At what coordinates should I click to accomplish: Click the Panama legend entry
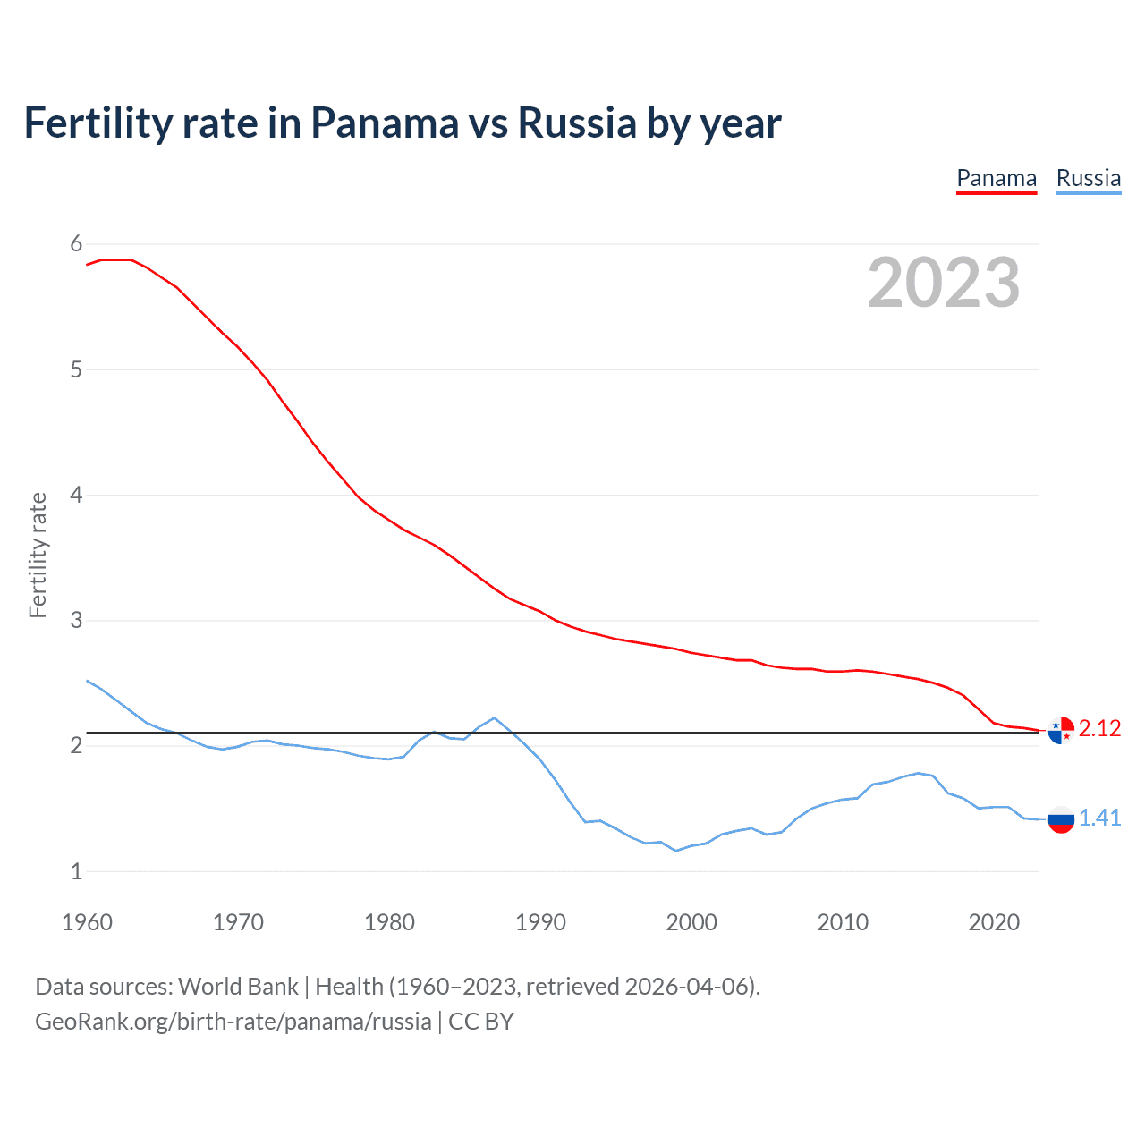997,179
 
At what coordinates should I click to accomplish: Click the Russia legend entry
1088,179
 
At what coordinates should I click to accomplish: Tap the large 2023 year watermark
944,283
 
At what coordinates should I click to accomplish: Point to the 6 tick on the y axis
76,244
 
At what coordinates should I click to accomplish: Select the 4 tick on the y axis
76,495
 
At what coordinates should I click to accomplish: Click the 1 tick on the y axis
76,871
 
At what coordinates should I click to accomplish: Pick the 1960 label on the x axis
87,922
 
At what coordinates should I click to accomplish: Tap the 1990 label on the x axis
540,922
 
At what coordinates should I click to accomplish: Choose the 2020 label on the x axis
994,922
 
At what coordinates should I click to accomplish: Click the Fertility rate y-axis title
38,555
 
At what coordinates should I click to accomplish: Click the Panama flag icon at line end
1061,730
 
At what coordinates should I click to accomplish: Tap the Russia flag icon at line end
1061,819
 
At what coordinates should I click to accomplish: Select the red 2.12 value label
1099,729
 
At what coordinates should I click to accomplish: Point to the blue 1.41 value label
1099,818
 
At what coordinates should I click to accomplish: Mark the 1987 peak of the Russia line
495,717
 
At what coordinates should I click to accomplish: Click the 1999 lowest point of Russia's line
676,851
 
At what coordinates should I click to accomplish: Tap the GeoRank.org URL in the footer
233,1022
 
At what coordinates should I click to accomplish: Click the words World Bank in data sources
238,987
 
